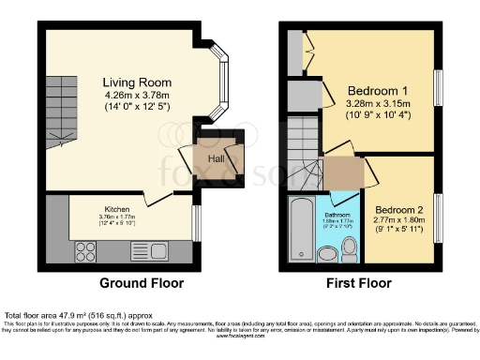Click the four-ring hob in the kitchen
point(85,250)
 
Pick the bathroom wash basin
point(327,254)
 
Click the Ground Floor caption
point(141,283)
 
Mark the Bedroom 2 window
point(436,215)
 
